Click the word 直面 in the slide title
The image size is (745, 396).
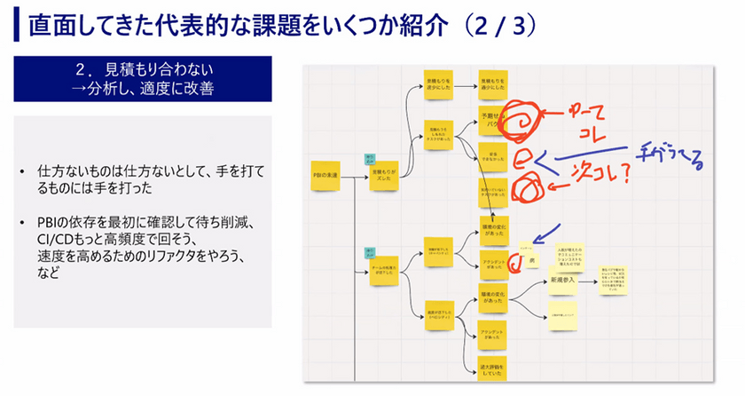tap(51, 26)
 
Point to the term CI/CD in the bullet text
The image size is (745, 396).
tap(56, 241)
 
